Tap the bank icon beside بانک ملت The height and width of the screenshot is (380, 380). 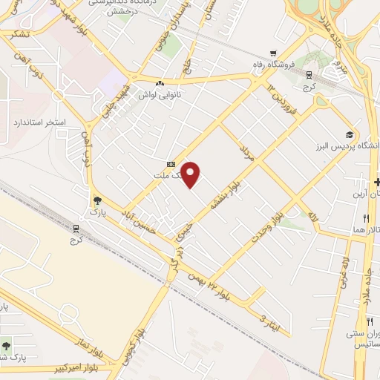tap(171, 165)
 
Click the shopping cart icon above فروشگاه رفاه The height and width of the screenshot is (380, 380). tap(274, 53)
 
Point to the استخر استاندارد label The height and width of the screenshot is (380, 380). tap(40, 121)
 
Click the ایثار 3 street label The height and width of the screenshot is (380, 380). tap(265, 321)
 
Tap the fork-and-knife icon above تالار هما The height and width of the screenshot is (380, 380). tap(366, 218)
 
